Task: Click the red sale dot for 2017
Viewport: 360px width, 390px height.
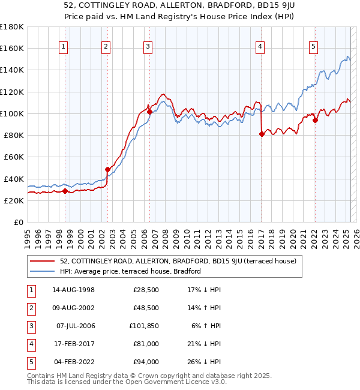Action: coord(262,134)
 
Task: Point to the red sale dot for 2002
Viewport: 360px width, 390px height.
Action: coord(107,169)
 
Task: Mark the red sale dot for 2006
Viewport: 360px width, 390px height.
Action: coord(149,112)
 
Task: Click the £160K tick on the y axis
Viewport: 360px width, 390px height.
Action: coord(12,48)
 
